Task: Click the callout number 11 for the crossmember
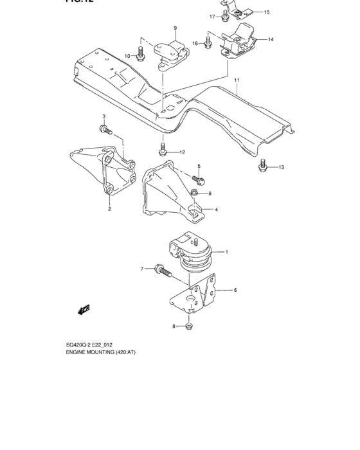click(237, 80)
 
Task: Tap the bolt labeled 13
click(262, 167)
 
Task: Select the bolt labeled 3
click(105, 130)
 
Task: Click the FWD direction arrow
click(84, 310)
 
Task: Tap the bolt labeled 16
click(208, 43)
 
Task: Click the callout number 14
click(271, 40)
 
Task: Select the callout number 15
click(267, 12)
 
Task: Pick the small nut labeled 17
click(224, 15)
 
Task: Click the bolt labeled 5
click(199, 180)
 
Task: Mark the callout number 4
click(215, 210)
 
